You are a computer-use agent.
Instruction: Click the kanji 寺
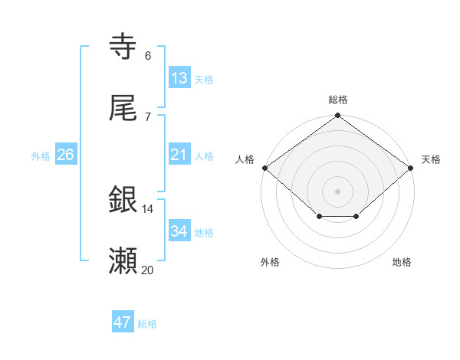coord(123,47)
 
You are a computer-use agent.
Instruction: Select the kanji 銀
coord(123,200)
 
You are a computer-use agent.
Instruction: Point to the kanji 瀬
coord(123,261)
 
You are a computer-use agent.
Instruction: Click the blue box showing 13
coord(179,78)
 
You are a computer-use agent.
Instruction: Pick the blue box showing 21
coord(179,155)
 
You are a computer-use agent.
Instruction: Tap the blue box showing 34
coord(179,231)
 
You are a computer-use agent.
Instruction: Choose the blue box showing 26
coord(66,155)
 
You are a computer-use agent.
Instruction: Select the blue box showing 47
coord(123,322)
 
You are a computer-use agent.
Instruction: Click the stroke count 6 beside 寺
coord(148,56)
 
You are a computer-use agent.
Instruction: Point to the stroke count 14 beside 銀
coord(148,208)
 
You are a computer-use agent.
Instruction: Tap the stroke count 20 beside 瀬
coord(148,270)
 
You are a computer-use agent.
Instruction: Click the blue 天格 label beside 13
coord(204,80)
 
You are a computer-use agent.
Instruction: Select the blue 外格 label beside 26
coord(41,156)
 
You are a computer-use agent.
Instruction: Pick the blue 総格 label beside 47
coord(147,324)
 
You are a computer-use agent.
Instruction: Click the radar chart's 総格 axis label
coord(338,100)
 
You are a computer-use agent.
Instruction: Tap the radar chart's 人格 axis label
coord(245,159)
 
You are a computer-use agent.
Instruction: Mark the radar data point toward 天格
coord(412,168)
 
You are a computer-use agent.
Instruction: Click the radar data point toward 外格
coord(319,218)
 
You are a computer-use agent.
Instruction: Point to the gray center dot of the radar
coord(338,191)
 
